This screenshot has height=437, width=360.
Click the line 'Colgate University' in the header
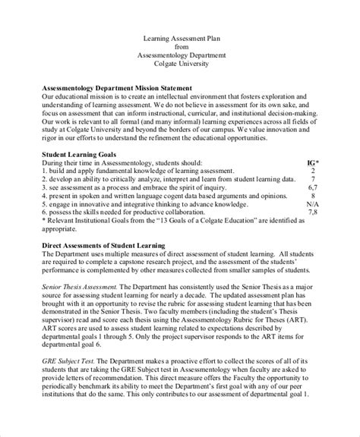179,64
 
